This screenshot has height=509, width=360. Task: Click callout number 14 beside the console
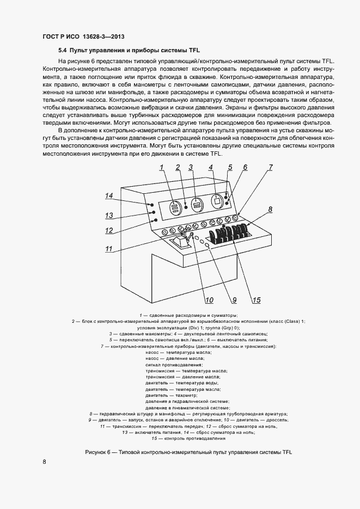click(x=109, y=195)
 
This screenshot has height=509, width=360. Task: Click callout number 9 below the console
click(x=234, y=299)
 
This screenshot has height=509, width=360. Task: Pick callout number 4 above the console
click(x=211, y=168)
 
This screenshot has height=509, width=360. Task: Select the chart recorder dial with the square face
click(x=216, y=203)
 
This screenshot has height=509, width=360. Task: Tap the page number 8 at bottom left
click(x=45, y=462)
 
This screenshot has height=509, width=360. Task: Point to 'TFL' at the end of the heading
click(x=194, y=50)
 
